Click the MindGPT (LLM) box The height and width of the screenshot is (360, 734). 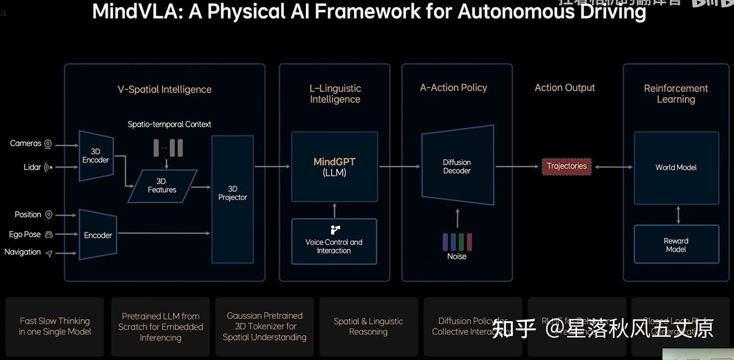pos(334,167)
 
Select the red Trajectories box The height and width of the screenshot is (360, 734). pos(566,166)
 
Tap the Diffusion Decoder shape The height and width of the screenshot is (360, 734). pos(457,166)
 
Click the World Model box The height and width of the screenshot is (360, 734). pos(676,167)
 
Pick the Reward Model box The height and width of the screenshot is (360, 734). pos(676,245)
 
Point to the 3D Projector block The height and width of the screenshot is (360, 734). pos(232,199)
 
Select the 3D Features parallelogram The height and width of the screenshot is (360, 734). pos(162,186)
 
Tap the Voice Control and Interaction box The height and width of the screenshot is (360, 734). pos(334,242)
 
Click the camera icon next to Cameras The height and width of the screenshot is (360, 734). pos(48,144)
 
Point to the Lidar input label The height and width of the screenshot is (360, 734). pos(32,167)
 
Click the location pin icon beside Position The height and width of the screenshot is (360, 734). pos(49,215)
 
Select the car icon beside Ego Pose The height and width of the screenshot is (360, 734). pos(49,235)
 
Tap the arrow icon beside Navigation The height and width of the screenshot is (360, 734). pos(49,253)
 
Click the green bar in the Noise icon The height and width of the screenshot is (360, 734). pos(461,241)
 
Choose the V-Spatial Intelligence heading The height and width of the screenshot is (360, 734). pos(164,89)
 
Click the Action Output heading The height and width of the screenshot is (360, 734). pos(564,88)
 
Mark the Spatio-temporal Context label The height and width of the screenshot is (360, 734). pos(169,124)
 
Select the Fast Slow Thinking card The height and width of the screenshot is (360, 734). pos(55,326)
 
